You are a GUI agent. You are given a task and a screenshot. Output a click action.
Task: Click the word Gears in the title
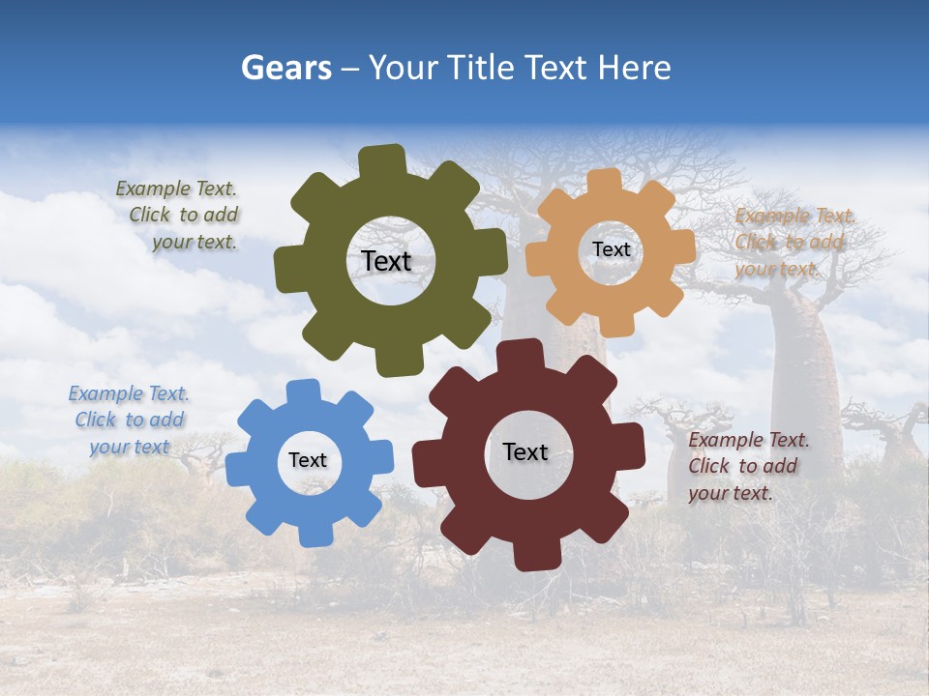coord(286,68)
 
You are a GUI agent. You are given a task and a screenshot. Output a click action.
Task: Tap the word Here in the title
coord(634,68)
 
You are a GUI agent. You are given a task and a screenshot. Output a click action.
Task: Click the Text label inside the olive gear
coord(387,261)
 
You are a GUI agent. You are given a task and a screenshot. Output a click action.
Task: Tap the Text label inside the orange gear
coord(612,249)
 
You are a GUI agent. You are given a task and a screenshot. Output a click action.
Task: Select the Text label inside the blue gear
coord(308,460)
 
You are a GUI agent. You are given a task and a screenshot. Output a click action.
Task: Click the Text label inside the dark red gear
coord(525,451)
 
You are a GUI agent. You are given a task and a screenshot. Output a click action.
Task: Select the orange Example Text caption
coord(792,243)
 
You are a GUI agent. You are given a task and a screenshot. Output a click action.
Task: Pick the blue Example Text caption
coord(130,420)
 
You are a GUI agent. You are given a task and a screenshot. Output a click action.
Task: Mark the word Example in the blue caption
coord(105,393)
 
